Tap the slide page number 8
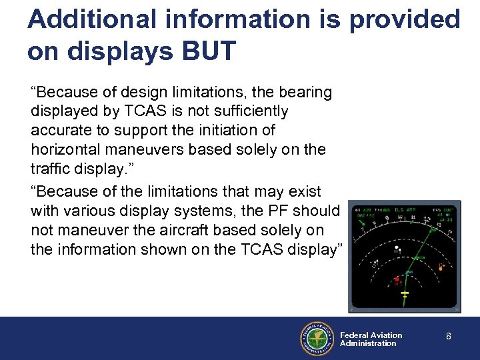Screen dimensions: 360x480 (x=449, y=337)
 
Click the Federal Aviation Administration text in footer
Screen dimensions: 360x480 (x=371, y=339)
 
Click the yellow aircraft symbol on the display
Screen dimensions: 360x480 (x=403, y=294)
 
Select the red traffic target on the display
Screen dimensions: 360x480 (x=397, y=278)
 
